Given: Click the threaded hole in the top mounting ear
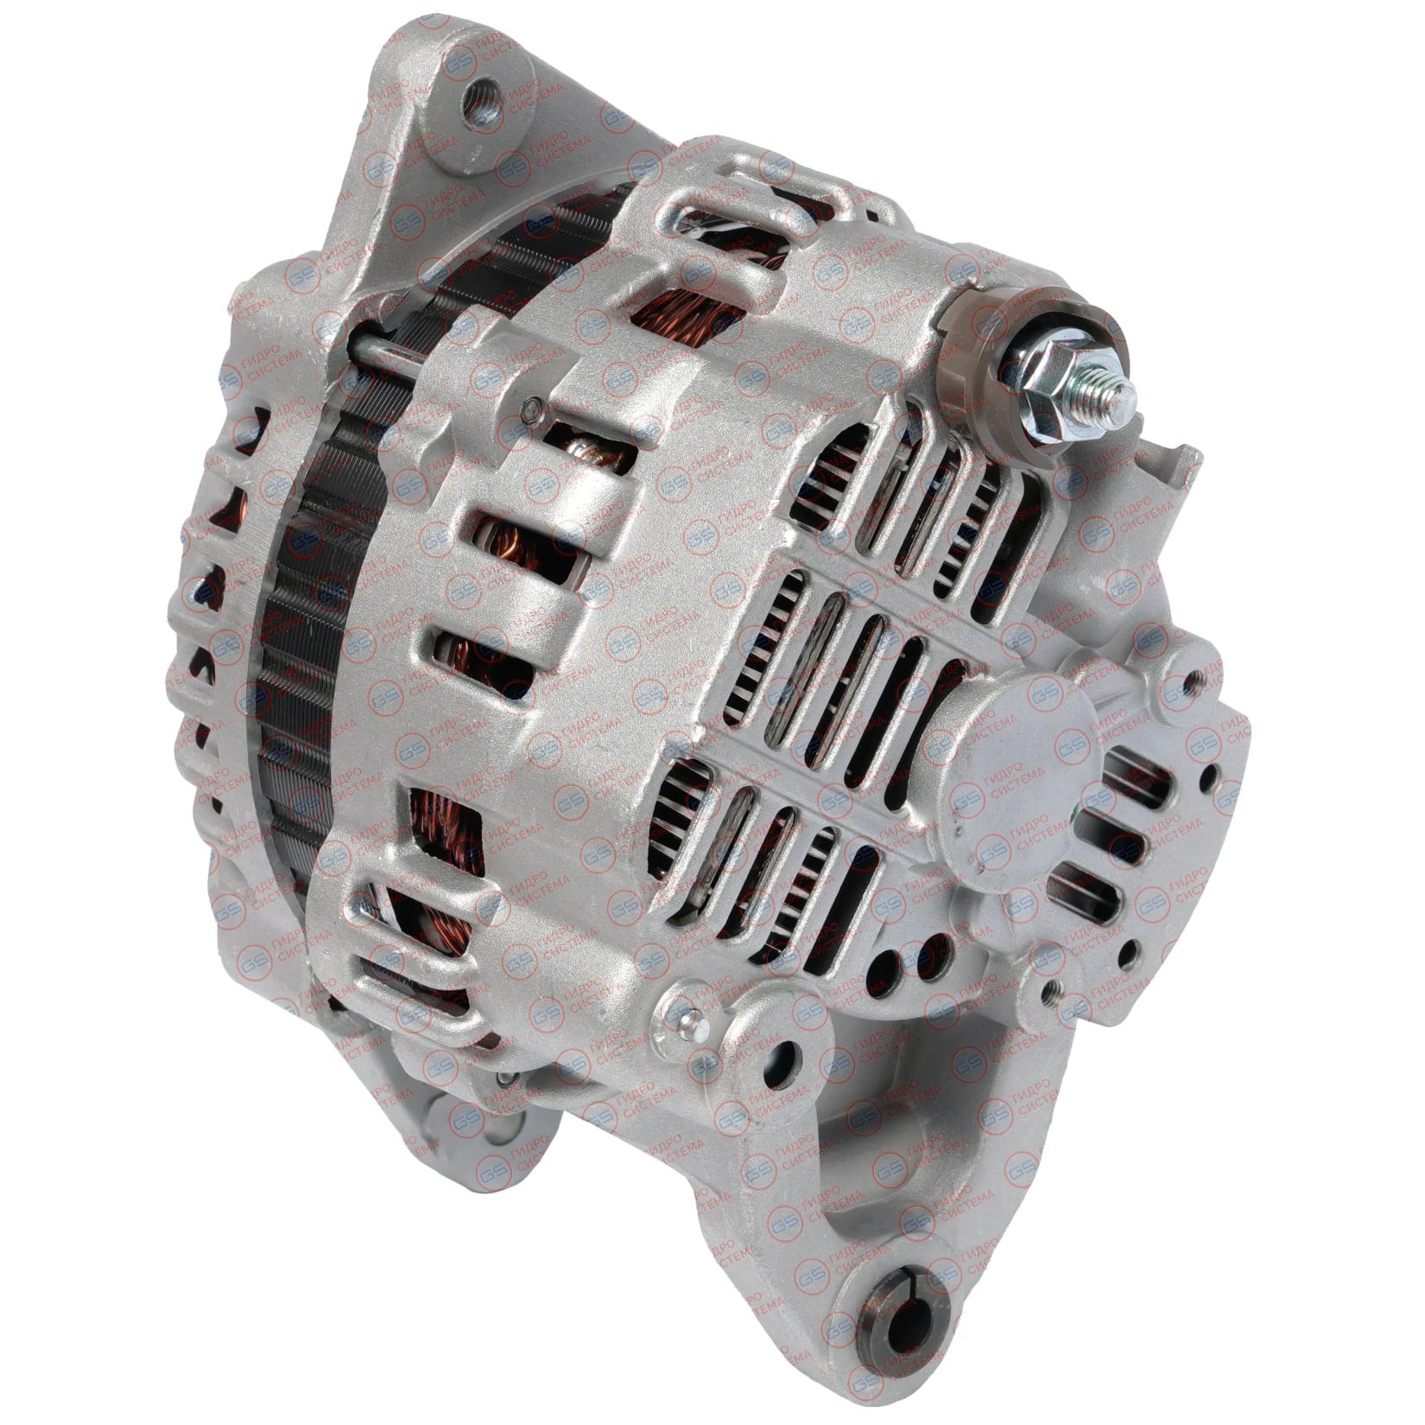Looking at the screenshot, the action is (x=480, y=90).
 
